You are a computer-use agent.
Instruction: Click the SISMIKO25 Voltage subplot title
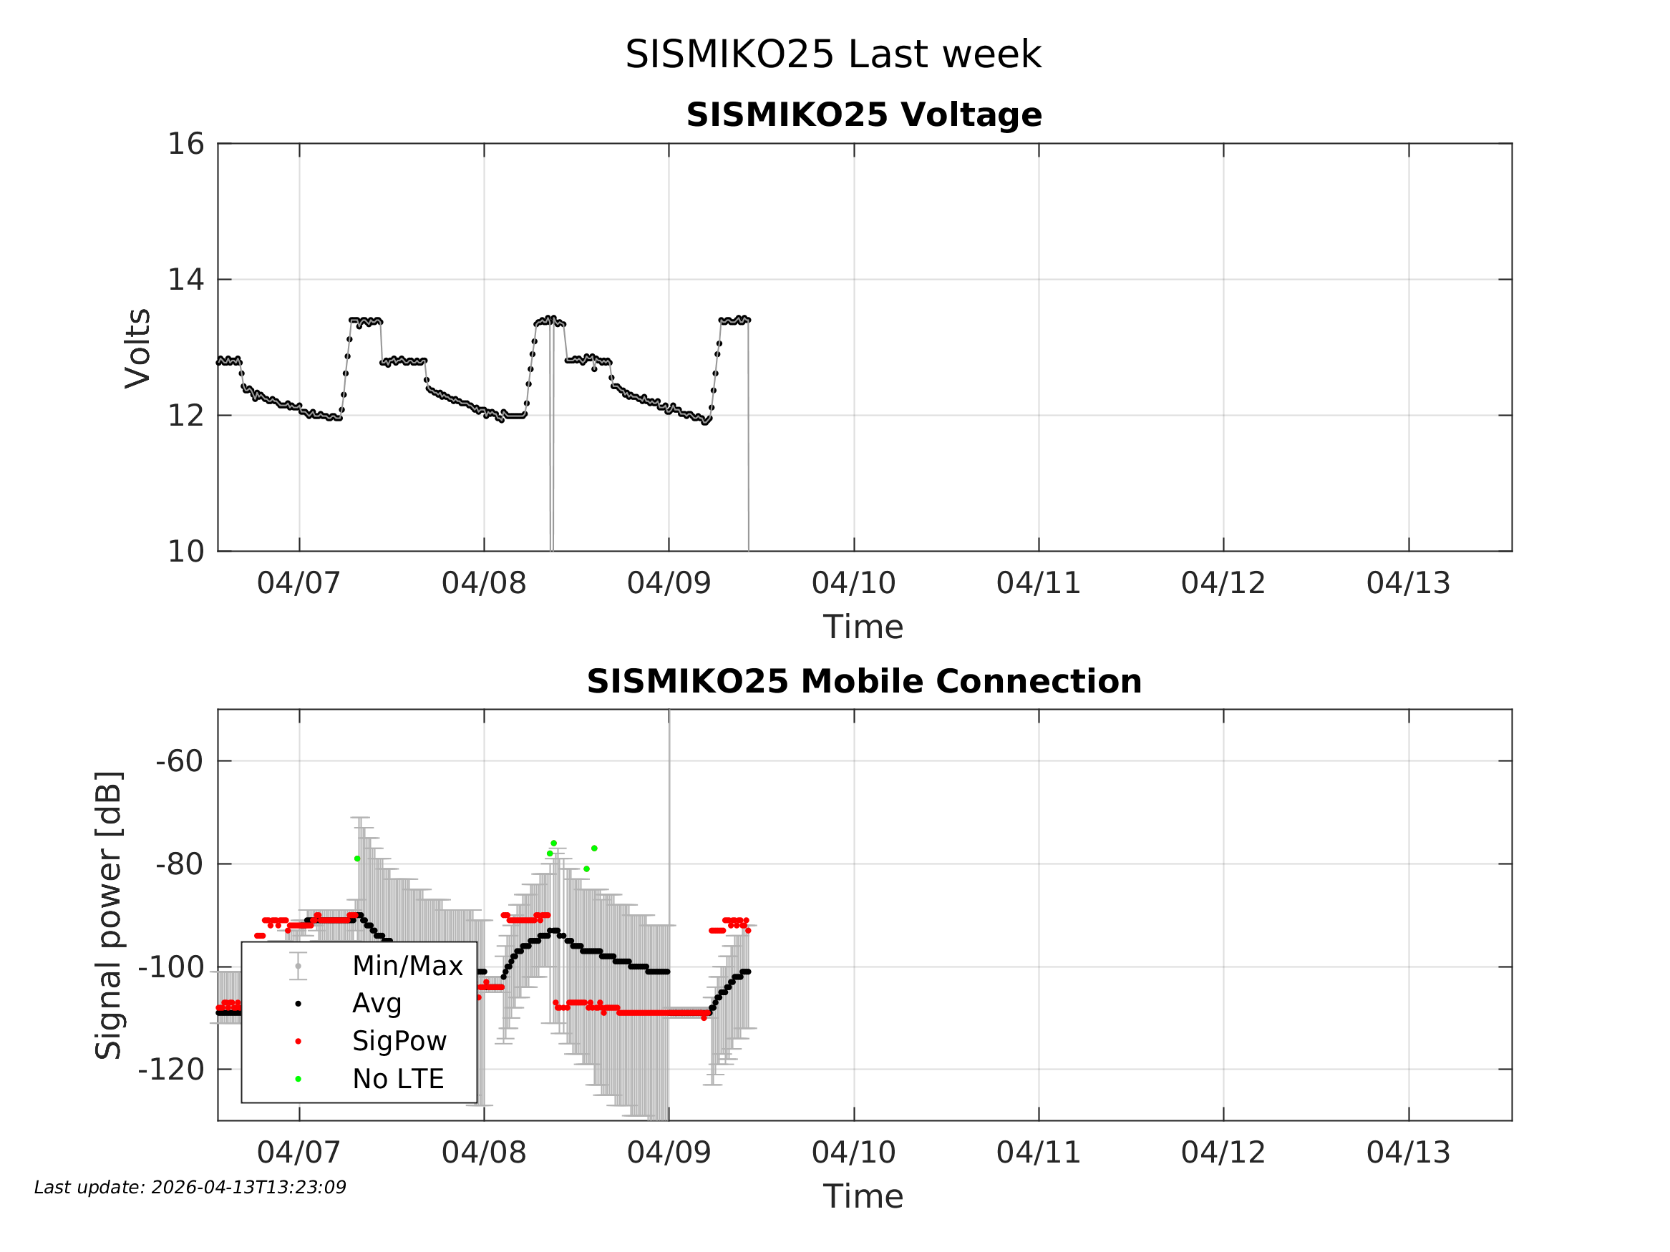click(864, 114)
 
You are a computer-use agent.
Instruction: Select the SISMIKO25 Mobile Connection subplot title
click(864, 682)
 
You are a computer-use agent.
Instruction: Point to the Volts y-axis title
click(138, 348)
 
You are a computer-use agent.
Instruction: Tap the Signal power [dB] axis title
click(109, 914)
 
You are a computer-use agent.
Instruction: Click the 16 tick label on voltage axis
click(185, 143)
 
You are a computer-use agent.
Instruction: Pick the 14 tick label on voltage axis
click(185, 280)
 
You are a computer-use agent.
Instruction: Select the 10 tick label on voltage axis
click(185, 552)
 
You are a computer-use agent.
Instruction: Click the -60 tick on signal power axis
click(180, 761)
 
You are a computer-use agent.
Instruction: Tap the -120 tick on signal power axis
click(171, 1070)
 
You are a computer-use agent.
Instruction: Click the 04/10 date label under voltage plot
click(854, 583)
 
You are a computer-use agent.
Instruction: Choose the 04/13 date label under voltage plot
click(1408, 583)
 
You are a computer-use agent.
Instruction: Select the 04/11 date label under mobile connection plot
click(1039, 1153)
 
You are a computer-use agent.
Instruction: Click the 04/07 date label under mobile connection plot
click(299, 1153)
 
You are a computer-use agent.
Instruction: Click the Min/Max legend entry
click(407, 966)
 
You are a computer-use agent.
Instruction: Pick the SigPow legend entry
click(399, 1042)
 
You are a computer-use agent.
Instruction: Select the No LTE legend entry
click(398, 1079)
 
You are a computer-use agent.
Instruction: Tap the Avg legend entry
click(377, 1004)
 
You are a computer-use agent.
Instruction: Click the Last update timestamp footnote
click(190, 1188)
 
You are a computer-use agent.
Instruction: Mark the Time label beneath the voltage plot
click(863, 627)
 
